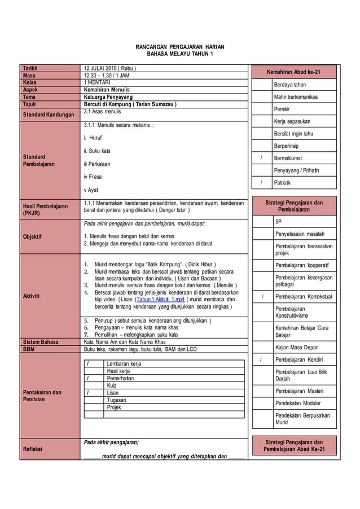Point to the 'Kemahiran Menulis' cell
[x=107, y=89]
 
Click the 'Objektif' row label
[x=33, y=237]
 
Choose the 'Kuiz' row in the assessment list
[x=112, y=385]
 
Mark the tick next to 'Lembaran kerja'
[x=88, y=364]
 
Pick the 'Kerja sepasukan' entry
[x=292, y=121]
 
